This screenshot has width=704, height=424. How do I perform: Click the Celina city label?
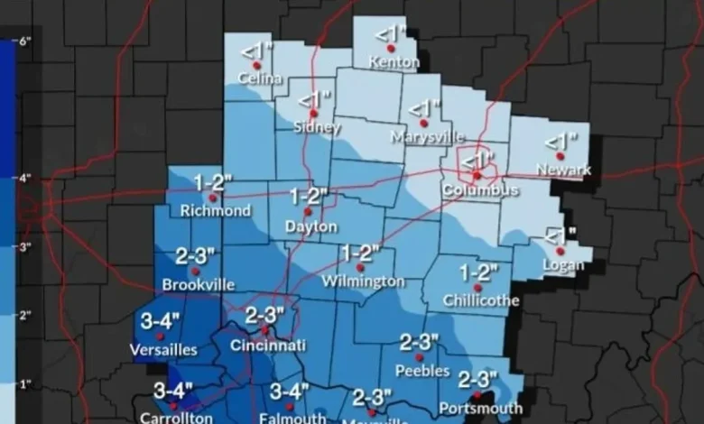255,79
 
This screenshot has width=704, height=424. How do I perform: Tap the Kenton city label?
394,63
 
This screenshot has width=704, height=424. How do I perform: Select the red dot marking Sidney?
313,114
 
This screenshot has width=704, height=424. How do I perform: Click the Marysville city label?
428,137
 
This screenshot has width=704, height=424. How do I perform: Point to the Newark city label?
563,170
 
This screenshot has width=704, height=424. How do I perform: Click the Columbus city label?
480,190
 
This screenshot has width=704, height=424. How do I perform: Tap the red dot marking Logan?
560,252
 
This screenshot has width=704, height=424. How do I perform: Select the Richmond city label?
216,211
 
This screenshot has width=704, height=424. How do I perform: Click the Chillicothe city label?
481,300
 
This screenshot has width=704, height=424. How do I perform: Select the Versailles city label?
163,350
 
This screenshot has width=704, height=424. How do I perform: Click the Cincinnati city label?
268,346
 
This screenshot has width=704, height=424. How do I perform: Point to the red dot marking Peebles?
419,357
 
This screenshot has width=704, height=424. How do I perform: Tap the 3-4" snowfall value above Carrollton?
172,391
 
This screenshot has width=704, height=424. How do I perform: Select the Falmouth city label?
292,418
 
